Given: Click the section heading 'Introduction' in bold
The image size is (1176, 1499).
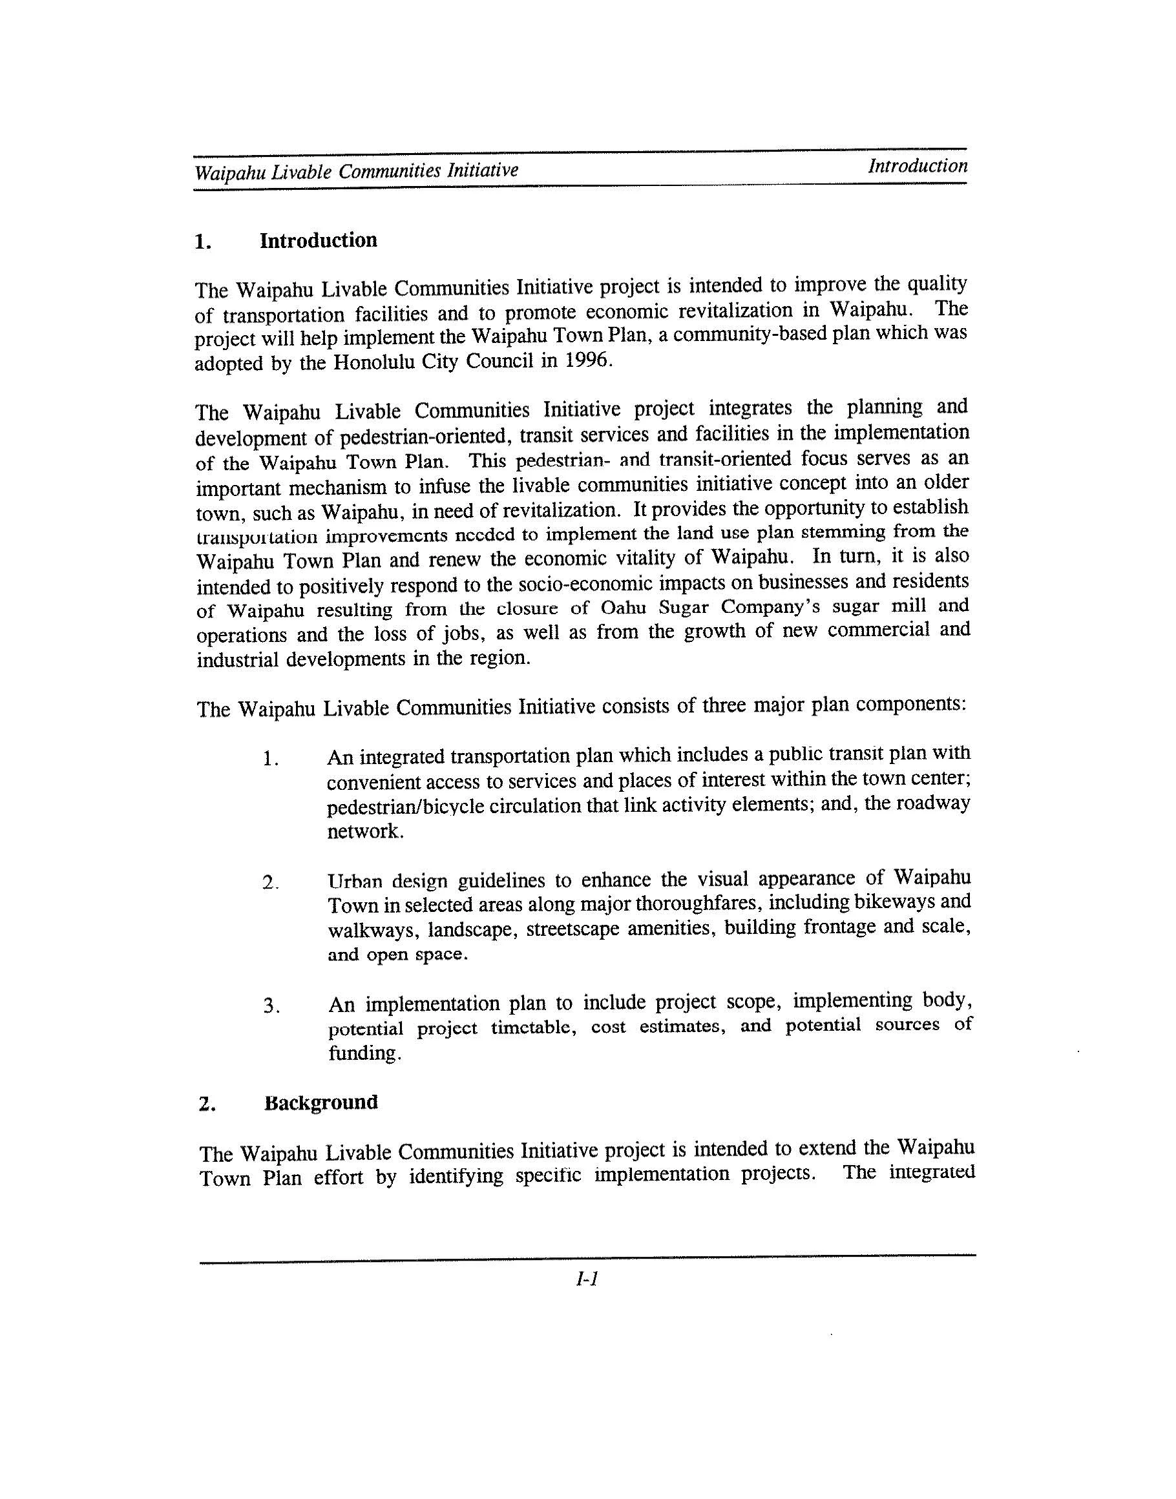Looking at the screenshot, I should pos(318,240).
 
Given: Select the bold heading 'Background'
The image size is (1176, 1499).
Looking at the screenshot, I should pos(321,1102).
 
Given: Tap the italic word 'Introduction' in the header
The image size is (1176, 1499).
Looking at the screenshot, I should pos(917,166).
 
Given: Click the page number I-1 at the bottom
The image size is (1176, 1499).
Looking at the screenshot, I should pos(587,1279).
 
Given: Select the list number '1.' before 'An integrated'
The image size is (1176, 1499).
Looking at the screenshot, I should pos(270,760).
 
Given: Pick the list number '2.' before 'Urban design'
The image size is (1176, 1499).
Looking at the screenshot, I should pos(270,882).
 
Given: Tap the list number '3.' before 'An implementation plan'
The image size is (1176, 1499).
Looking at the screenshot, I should pos(271,1007).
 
